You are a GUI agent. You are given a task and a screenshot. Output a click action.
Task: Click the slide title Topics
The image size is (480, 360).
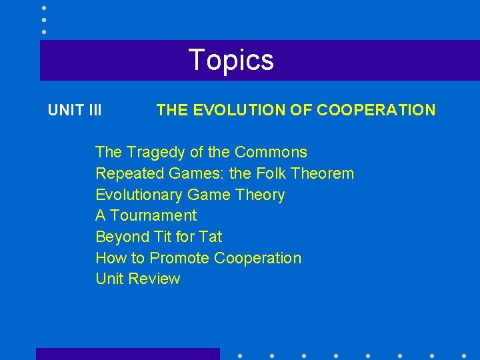click(x=231, y=60)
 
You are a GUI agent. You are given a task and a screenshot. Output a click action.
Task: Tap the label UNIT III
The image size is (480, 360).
click(x=75, y=110)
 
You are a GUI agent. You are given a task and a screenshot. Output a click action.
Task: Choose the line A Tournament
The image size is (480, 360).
click(x=146, y=215)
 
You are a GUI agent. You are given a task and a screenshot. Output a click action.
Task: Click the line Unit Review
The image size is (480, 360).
click(x=138, y=279)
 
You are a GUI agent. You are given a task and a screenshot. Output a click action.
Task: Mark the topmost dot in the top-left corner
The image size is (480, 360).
click(x=44, y=7)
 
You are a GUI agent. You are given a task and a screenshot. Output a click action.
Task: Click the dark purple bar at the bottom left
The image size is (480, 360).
click(x=127, y=354)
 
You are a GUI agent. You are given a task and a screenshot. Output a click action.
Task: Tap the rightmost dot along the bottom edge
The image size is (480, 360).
click(x=463, y=355)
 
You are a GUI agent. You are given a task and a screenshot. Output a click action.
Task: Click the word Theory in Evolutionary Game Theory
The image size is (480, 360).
click(x=262, y=195)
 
